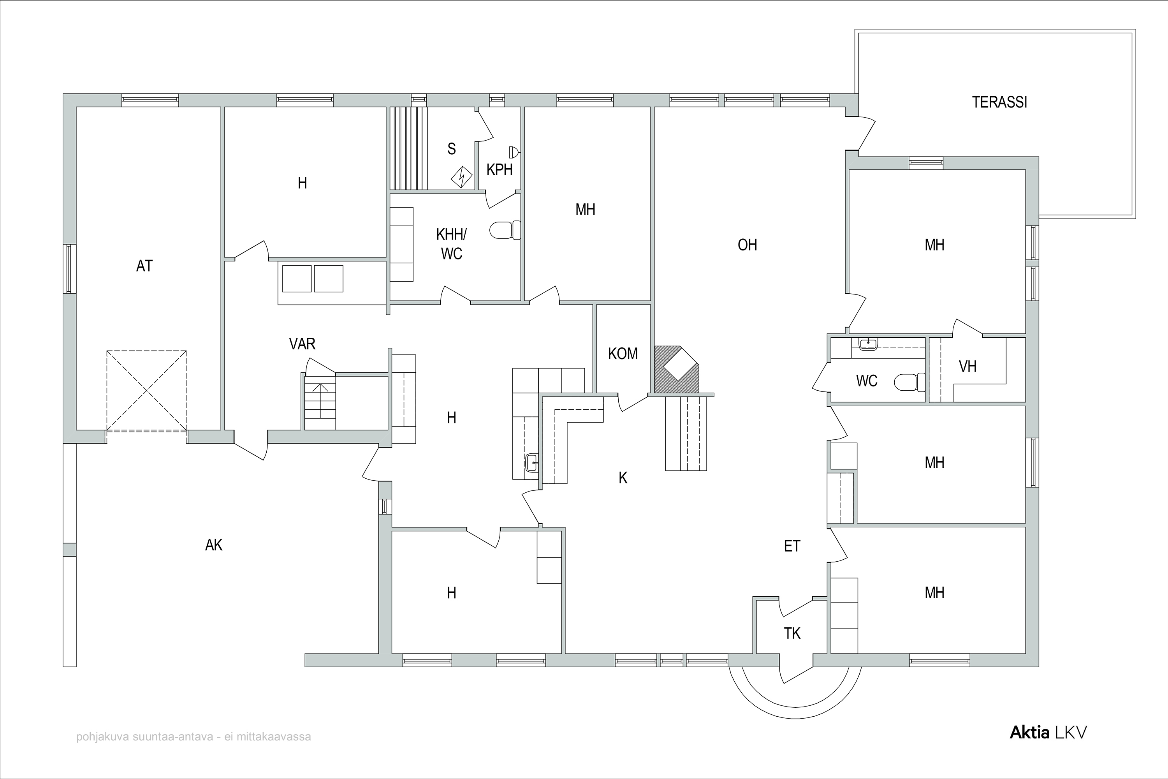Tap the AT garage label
144,266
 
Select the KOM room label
623,354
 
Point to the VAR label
302,344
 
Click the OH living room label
748,245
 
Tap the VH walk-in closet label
967,367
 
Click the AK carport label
214,546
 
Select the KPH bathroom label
500,170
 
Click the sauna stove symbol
462,176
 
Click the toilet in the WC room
910,382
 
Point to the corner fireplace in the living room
676,370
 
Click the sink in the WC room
867,343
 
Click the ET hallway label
792,546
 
